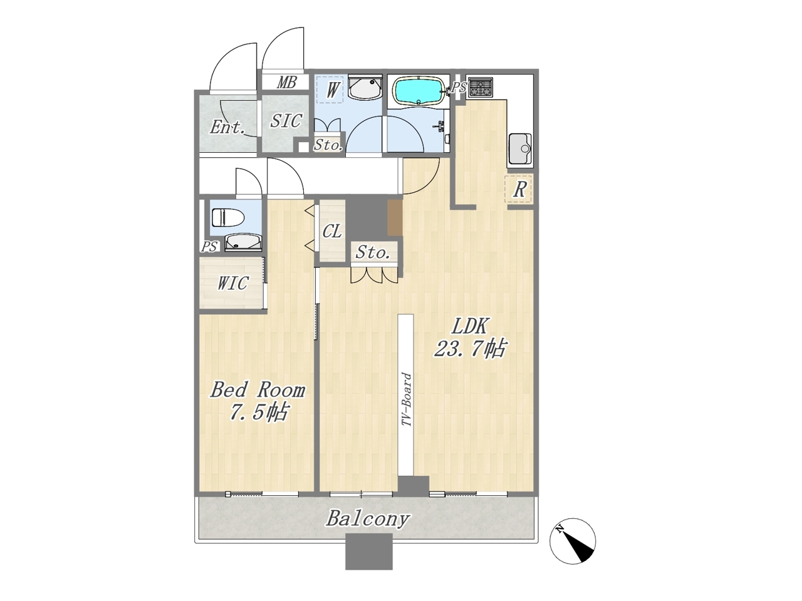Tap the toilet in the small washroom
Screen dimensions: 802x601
[x=227, y=217]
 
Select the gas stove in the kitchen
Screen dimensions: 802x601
[x=481, y=87]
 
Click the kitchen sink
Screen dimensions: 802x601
[x=520, y=149]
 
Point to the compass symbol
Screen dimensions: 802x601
[x=573, y=541]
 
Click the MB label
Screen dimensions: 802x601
[x=286, y=83]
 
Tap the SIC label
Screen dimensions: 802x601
[x=286, y=120]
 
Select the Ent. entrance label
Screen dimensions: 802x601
[x=227, y=127]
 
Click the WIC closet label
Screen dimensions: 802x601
[x=232, y=283]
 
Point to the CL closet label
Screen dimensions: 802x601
[x=332, y=231]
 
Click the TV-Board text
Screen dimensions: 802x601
[x=406, y=399]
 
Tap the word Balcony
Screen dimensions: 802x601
[x=367, y=519]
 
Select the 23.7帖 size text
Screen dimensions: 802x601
[x=470, y=349]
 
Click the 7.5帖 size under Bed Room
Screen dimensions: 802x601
[x=258, y=413]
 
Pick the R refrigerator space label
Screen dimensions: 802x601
[x=519, y=190]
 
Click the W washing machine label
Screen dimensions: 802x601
[x=331, y=90]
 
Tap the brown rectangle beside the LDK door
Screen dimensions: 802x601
[x=395, y=217]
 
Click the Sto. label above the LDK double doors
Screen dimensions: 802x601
[x=373, y=252]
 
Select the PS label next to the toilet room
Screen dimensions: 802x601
[x=209, y=247]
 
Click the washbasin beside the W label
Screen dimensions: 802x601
[x=365, y=87]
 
